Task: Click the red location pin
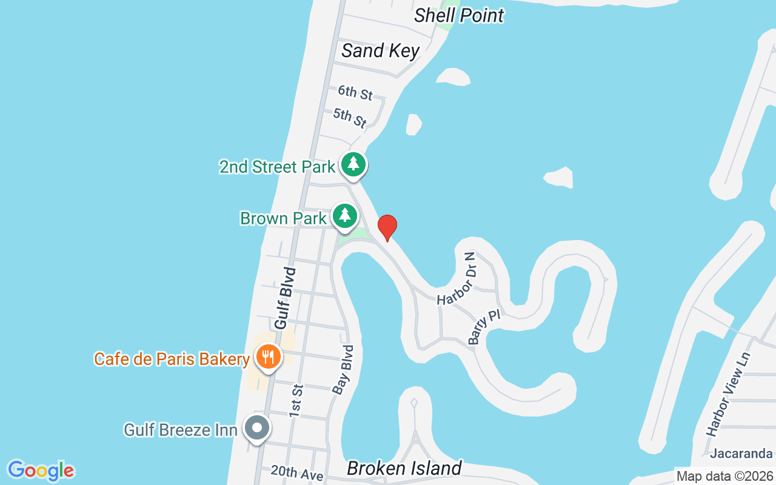click(387, 227)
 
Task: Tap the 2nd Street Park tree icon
click(353, 164)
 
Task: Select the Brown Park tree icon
click(345, 215)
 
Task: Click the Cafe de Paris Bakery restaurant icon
click(267, 356)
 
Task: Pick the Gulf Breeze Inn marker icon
click(257, 428)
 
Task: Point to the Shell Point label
click(459, 15)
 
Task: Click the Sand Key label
click(380, 50)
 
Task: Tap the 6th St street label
click(355, 93)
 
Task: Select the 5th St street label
click(350, 117)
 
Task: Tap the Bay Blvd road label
click(343, 370)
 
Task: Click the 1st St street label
click(296, 400)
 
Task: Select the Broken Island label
click(404, 468)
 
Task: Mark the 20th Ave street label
click(296, 473)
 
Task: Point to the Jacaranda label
click(741, 453)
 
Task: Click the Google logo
click(41, 470)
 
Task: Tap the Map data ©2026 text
click(724, 476)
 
